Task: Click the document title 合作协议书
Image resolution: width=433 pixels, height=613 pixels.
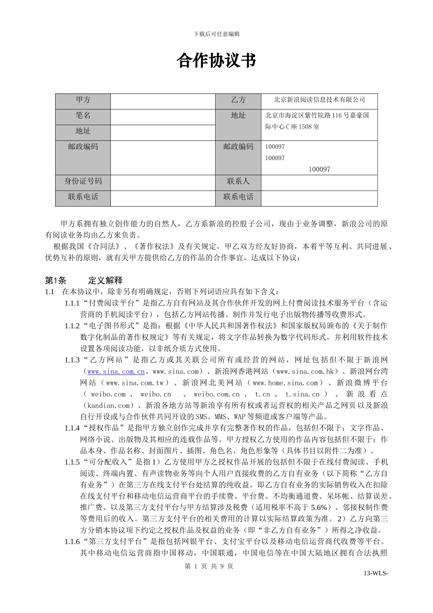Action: pos(216,61)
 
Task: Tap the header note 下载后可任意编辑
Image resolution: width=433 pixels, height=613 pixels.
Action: pos(216,34)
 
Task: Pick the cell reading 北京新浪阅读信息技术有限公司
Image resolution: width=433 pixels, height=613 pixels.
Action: pos(319,100)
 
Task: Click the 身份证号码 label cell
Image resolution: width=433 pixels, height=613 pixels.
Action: pos(83,182)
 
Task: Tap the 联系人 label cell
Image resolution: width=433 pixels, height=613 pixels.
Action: pos(238,182)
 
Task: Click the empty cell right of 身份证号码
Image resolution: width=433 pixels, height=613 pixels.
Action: pos(162,182)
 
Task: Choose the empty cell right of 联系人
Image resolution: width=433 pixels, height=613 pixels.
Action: pos(319,182)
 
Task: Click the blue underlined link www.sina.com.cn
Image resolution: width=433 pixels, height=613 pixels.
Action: pos(116,372)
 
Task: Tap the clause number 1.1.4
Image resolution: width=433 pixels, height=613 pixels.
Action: pos(72,428)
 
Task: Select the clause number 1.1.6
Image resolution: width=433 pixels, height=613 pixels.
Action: pos(72,542)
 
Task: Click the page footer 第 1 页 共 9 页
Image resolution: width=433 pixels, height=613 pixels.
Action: pos(208,566)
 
